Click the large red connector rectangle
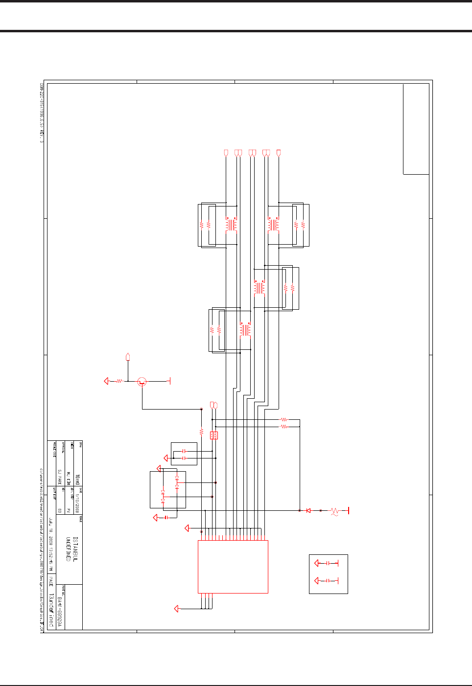pyautogui.click(x=233, y=567)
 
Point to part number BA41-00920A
pyautogui.click(x=60, y=612)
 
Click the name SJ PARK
pyautogui.click(x=60, y=478)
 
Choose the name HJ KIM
pyautogui.click(x=69, y=478)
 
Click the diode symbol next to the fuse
pyautogui.click(x=308, y=511)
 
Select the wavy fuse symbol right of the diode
pyautogui.click(x=335, y=511)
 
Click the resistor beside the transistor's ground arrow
pyautogui.click(x=119, y=381)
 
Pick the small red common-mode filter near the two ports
pyautogui.click(x=214, y=435)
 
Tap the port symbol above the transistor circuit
pyautogui.click(x=128, y=357)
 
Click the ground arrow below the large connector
pyautogui.click(x=177, y=609)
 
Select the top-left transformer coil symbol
pyautogui.click(x=231, y=225)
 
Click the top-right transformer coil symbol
pyautogui.click(x=273, y=225)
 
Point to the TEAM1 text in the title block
pyautogui.click(x=77, y=479)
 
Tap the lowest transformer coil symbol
pyautogui.click(x=245, y=329)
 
